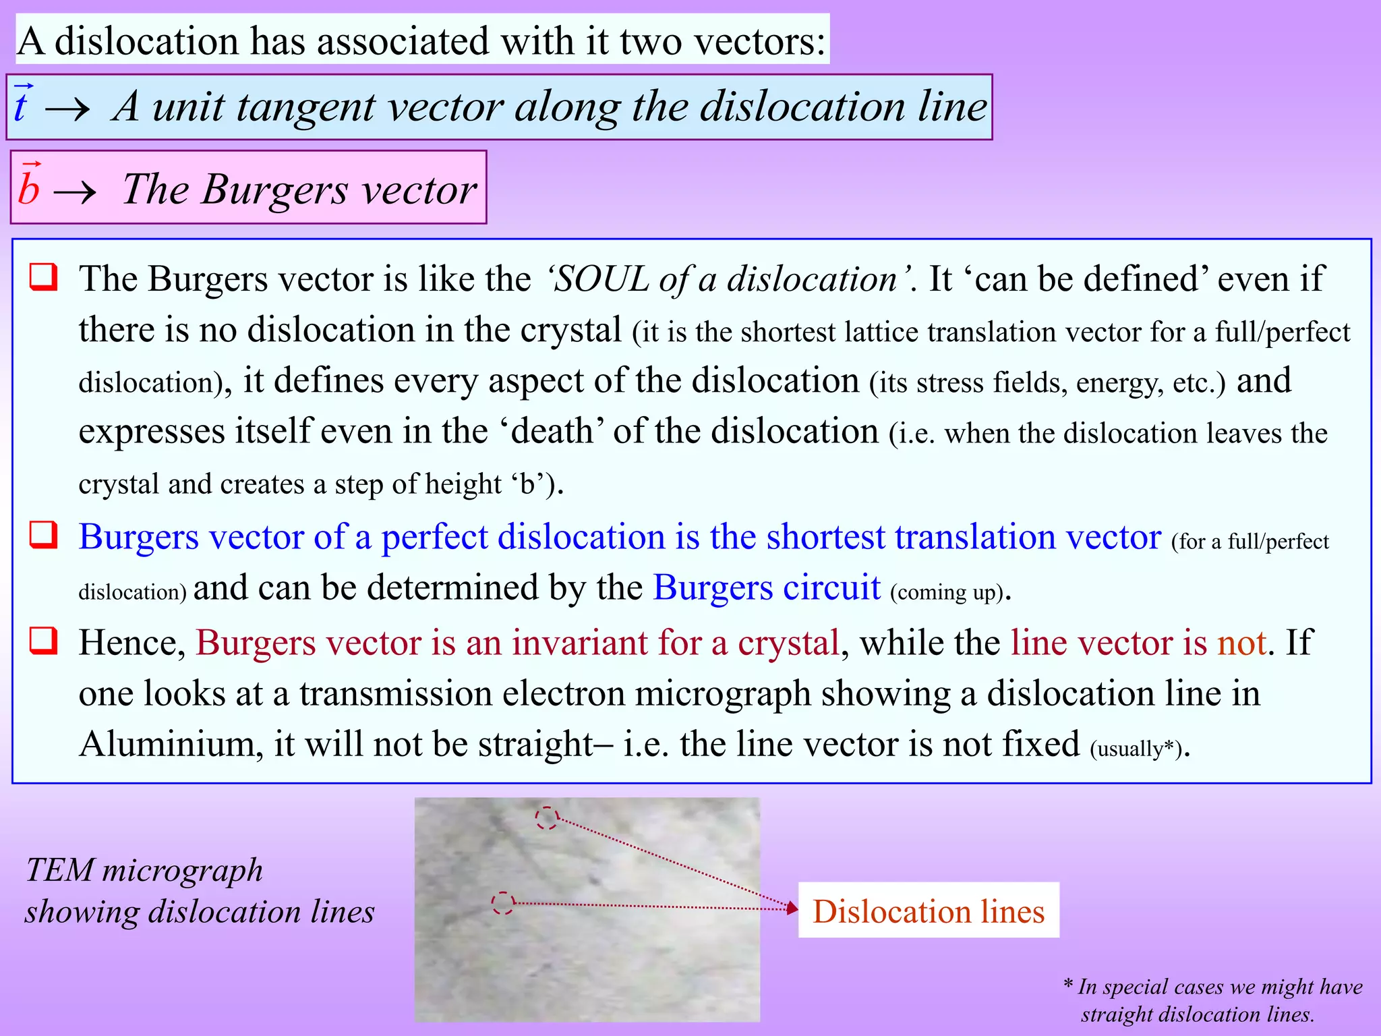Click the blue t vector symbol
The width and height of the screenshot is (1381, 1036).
pyautogui.click(x=22, y=106)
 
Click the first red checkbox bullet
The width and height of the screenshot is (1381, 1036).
pyautogui.click(x=44, y=277)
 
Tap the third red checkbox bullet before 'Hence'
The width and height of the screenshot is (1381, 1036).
pyautogui.click(x=44, y=640)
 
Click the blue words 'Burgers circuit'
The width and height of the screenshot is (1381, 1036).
pyautogui.click(x=767, y=588)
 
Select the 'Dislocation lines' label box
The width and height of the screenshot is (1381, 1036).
pyautogui.click(x=928, y=911)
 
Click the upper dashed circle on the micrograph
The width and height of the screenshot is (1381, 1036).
pyautogui.click(x=547, y=818)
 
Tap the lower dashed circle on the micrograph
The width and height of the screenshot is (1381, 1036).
pyautogui.click(x=503, y=903)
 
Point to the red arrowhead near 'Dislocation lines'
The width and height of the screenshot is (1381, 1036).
pyautogui.click(x=792, y=908)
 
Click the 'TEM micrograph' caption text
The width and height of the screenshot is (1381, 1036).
pyautogui.click(x=144, y=870)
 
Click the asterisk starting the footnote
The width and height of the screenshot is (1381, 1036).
pyautogui.click(x=1068, y=985)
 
